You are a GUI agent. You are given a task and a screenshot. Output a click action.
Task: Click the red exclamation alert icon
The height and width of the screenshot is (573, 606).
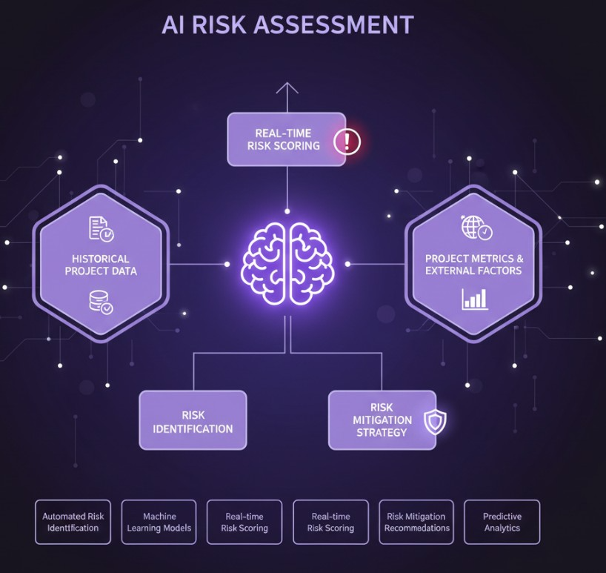tap(346, 140)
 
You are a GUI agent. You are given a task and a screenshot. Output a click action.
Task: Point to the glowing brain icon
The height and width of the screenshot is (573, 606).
tap(288, 264)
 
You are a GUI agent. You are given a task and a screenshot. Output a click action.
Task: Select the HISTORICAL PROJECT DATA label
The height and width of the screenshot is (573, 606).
tap(101, 265)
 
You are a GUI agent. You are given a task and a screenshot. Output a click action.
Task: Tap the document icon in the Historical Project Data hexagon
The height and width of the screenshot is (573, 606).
tap(100, 228)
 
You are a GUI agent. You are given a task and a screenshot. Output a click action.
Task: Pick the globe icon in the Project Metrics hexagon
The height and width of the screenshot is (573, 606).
tap(475, 228)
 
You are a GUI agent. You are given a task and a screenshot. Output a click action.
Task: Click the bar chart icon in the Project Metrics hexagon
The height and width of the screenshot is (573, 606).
tap(474, 298)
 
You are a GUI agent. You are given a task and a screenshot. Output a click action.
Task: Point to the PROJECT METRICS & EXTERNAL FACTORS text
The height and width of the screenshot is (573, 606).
tap(474, 265)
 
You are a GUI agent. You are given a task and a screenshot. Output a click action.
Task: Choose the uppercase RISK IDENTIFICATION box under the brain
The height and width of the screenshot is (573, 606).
tap(193, 420)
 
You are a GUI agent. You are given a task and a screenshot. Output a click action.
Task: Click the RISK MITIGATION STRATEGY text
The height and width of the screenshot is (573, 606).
tap(382, 420)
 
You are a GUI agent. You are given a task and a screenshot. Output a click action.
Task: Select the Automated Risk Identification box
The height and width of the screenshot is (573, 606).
tap(73, 522)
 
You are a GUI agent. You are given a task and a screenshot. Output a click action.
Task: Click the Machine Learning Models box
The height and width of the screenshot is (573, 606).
tap(159, 522)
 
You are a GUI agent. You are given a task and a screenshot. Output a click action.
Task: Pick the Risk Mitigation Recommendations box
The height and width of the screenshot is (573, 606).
tap(416, 522)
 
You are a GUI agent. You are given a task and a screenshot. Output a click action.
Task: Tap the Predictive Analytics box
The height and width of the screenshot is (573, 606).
tap(502, 522)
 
